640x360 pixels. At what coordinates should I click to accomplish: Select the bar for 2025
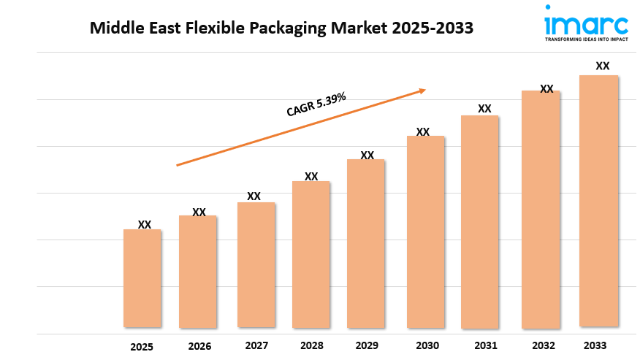tap(142, 278)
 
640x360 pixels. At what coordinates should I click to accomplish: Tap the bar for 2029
tap(366, 243)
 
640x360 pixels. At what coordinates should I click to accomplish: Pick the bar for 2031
tap(479, 221)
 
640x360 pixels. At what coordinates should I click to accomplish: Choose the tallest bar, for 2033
tap(598, 201)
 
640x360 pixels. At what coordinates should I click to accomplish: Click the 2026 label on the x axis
tap(199, 346)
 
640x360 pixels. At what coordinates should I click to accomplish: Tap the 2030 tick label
tap(427, 345)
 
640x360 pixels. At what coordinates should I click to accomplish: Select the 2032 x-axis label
tap(544, 345)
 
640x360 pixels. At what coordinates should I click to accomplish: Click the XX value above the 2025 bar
tap(145, 225)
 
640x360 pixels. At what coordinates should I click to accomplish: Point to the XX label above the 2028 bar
tap(311, 177)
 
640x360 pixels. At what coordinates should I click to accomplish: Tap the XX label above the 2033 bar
tap(603, 66)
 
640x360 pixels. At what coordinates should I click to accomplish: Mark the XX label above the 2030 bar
tap(423, 132)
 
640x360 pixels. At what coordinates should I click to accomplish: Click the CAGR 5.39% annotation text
tap(316, 104)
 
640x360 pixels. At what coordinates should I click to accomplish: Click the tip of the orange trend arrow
tap(425, 91)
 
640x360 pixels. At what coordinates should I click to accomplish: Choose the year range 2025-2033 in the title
tap(431, 28)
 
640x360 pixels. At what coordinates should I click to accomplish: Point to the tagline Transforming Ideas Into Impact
tap(586, 40)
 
